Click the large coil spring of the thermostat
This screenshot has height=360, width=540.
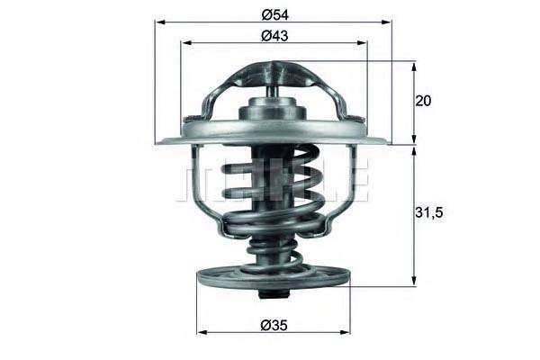click(273, 193)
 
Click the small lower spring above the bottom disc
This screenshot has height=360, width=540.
click(273, 252)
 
